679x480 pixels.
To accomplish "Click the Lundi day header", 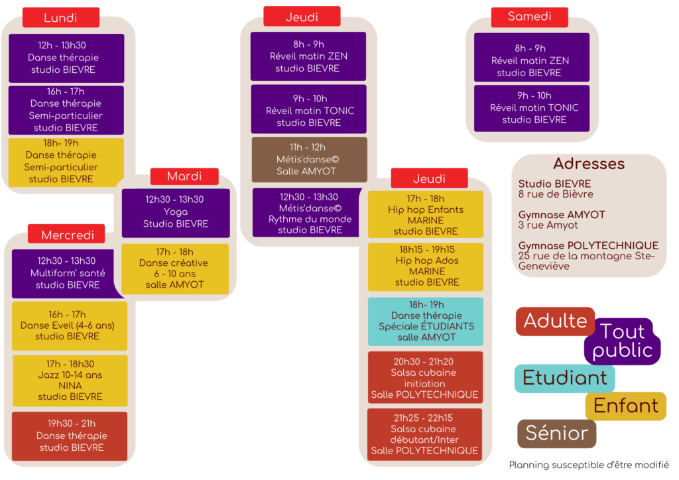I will click(60, 18).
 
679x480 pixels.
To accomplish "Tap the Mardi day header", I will click(184, 176).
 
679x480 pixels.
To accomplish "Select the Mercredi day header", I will click(66, 235).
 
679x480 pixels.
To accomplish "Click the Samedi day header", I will click(529, 17).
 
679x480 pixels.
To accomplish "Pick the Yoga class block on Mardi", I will click(176, 212).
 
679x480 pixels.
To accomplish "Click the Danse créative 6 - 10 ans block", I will click(175, 269).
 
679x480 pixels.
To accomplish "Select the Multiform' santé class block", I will click(68, 273).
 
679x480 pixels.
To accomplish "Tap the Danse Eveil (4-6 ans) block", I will click(68, 326).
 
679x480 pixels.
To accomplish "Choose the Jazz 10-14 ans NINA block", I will click(70, 381).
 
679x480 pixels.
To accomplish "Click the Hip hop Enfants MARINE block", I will click(426, 214).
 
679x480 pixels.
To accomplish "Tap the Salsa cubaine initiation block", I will click(424, 378).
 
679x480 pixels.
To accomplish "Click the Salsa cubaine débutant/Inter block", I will click(424, 434).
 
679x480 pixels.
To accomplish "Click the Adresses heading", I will click(589, 164).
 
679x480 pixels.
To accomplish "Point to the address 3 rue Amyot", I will click(548, 225).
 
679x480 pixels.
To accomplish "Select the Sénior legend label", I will click(556, 434).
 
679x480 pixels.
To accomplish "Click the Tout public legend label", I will click(622, 341).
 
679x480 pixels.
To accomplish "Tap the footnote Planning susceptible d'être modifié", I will click(589, 465).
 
